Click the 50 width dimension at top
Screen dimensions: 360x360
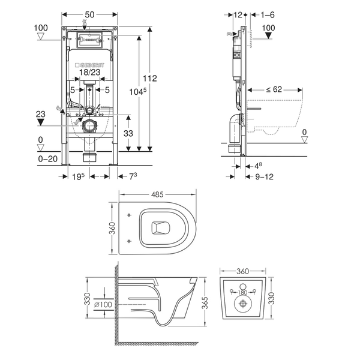click(89, 14)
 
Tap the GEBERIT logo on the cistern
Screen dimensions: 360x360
click(89, 65)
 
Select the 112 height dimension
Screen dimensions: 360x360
click(150, 78)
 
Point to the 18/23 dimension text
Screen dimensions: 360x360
click(90, 73)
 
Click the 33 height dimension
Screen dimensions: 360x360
click(128, 133)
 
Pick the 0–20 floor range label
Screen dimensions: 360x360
click(48, 159)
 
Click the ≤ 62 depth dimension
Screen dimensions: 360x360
click(274, 89)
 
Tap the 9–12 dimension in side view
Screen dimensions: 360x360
click(264, 177)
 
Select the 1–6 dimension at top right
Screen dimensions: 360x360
click(268, 15)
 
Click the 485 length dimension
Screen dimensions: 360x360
click(157, 194)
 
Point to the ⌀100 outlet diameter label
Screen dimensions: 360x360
click(103, 305)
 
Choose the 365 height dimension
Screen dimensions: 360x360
click(206, 302)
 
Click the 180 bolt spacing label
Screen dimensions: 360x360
click(242, 293)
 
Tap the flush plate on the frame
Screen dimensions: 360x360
click(89, 40)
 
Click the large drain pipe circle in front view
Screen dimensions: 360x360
click(89, 126)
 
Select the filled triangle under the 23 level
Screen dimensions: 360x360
click(41, 122)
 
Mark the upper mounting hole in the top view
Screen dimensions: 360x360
click(129, 215)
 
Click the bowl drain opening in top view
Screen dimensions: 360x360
click(161, 228)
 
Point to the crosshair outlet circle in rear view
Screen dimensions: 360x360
click(242, 304)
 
